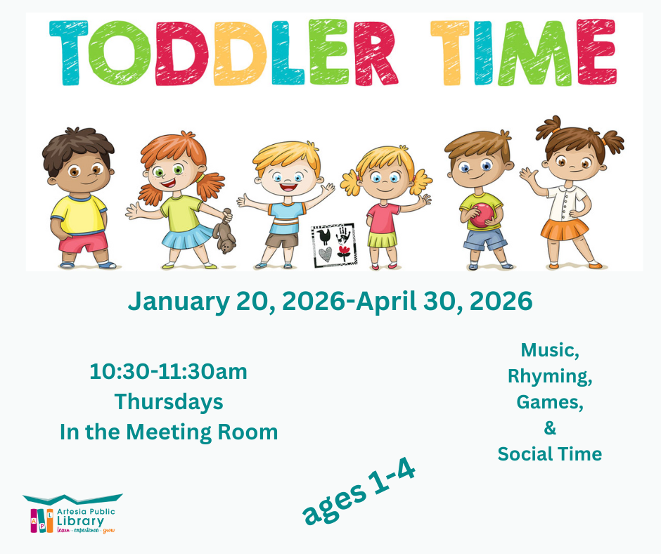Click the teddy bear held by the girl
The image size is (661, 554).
point(224,237)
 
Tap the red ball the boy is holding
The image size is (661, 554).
point(482,215)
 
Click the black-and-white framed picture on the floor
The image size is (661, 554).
point(333,244)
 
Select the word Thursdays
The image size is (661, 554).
point(169,401)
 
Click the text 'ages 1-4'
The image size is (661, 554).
point(359,492)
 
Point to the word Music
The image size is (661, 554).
point(549,349)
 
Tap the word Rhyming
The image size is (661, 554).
point(549,375)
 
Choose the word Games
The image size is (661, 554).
point(549,401)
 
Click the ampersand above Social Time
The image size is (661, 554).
point(550,427)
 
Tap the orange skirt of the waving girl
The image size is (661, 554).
point(565,229)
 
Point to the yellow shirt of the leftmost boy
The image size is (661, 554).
point(79,214)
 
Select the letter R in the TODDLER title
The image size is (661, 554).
point(373,52)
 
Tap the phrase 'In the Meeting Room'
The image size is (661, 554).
point(169,432)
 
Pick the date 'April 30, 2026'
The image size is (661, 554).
point(444,302)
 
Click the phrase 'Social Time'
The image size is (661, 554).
point(549,454)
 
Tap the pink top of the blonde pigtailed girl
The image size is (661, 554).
point(383,217)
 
